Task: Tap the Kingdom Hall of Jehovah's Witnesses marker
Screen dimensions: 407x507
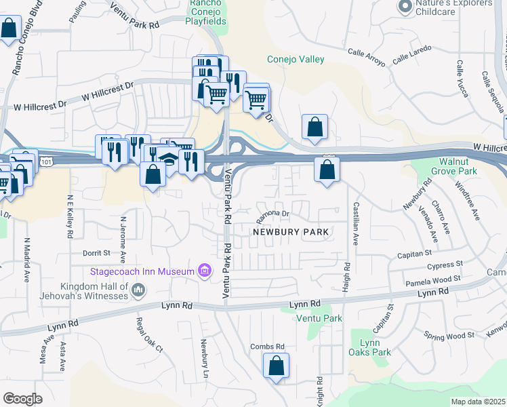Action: click(x=138, y=291)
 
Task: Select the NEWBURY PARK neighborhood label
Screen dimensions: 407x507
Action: click(x=291, y=232)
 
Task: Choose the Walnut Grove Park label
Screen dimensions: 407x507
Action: click(x=458, y=166)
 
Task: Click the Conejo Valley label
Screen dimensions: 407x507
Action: click(x=296, y=59)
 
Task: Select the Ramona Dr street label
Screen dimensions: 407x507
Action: click(x=273, y=216)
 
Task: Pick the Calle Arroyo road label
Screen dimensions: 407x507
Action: click(x=366, y=57)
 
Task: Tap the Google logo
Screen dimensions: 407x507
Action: click(x=22, y=399)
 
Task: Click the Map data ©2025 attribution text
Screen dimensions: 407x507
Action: click(x=478, y=402)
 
